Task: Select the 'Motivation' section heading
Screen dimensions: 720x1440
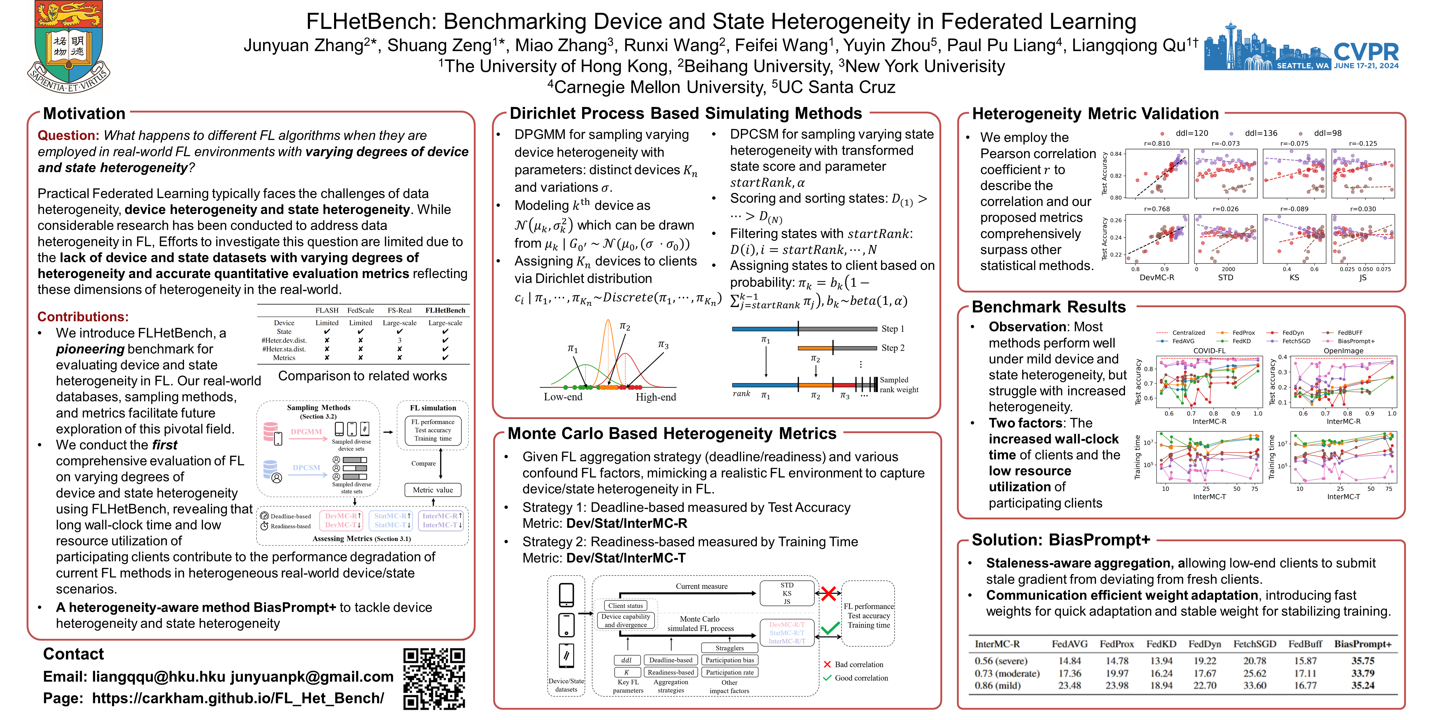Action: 84,113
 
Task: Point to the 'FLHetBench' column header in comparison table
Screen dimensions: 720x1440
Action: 445,310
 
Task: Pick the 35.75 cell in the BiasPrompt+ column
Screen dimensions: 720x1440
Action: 1363,660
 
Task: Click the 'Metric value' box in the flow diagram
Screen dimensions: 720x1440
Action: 433,490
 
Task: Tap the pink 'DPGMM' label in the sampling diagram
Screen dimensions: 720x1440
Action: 306,432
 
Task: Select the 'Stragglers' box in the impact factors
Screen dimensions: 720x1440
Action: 729,648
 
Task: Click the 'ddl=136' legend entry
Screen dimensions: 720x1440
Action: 1261,133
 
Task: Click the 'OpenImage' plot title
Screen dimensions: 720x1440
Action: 1343,351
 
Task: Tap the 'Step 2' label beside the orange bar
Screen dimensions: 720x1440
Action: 893,348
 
